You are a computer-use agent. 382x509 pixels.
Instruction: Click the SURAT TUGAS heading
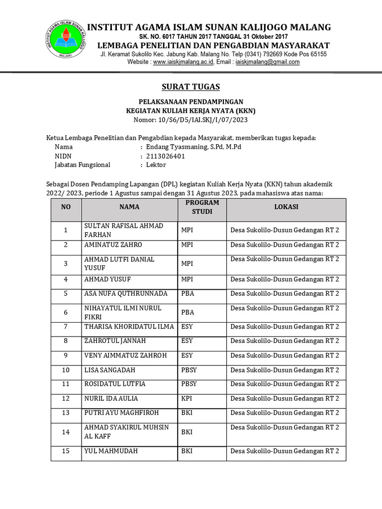click(x=191, y=87)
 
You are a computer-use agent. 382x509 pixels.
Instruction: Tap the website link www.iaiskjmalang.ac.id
click(x=183, y=62)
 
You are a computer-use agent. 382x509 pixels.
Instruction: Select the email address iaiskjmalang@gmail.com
click(x=267, y=62)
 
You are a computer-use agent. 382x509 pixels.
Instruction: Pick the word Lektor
click(x=155, y=165)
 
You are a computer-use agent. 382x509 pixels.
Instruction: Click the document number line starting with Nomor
click(x=191, y=120)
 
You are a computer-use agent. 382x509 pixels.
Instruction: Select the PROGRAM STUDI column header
click(x=202, y=207)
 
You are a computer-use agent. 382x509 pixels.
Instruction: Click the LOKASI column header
click(x=286, y=207)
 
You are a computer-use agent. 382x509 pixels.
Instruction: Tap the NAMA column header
click(x=129, y=207)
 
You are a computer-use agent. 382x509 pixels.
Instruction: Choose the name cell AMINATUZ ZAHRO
click(x=113, y=245)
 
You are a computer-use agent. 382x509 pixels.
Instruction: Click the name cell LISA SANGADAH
click(x=109, y=370)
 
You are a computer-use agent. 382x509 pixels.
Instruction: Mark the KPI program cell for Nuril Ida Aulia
click(x=187, y=399)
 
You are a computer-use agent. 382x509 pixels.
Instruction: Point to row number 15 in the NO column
click(x=66, y=451)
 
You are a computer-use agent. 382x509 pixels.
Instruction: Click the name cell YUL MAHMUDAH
click(x=111, y=451)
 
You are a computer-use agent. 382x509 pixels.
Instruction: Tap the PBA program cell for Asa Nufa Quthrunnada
click(x=188, y=294)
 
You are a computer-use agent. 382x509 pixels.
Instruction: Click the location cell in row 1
click(x=285, y=230)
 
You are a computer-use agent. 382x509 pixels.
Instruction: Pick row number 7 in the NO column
click(x=66, y=327)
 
